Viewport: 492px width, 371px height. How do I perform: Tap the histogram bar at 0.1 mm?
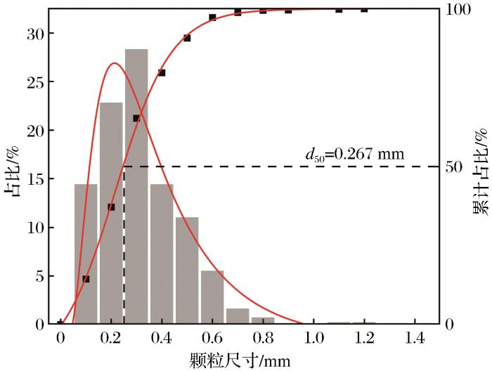point(86,254)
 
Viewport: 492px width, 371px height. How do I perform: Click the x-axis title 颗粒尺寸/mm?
point(239,360)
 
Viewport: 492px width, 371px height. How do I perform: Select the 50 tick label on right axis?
point(454,167)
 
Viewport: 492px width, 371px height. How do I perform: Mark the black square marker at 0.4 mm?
point(162,72)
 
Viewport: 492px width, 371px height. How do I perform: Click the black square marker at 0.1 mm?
point(86,279)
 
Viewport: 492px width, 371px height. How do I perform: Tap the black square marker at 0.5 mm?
point(187,38)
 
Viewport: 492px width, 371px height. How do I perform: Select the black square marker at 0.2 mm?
point(111,207)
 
